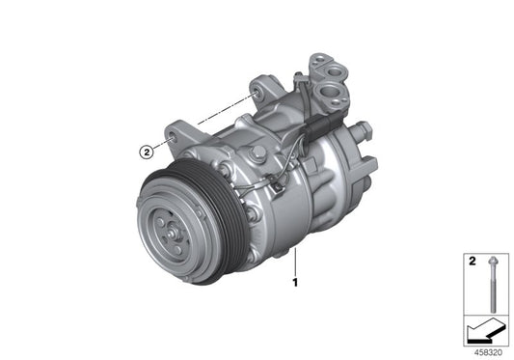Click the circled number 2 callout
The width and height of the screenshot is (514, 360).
pyautogui.click(x=147, y=151)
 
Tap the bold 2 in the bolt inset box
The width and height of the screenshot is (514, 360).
pyautogui.click(x=472, y=262)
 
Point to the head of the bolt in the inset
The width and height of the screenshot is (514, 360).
pyautogui.click(x=493, y=263)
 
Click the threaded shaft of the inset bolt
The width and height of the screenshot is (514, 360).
pyautogui.click(x=493, y=290)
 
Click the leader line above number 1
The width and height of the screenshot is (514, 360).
pyautogui.click(x=297, y=261)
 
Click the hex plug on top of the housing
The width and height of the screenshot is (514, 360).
pyautogui.click(x=257, y=154)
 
